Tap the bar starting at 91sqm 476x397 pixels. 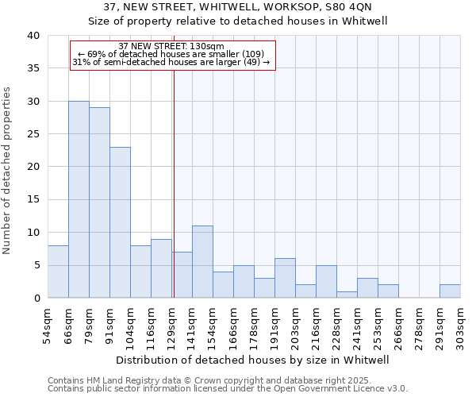coord(120,222)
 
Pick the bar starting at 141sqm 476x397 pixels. coord(202,262)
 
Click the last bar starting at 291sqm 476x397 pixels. coord(450,291)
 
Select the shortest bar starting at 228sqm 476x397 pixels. coord(347,295)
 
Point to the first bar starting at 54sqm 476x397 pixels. coord(58,272)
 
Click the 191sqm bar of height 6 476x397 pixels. coord(285,278)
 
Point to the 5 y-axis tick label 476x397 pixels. coord(36,265)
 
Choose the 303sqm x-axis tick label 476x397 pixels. coord(460,326)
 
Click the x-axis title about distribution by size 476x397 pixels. coord(254,360)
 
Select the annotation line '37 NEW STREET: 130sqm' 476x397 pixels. coord(171,46)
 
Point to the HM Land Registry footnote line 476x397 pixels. coord(226,381)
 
